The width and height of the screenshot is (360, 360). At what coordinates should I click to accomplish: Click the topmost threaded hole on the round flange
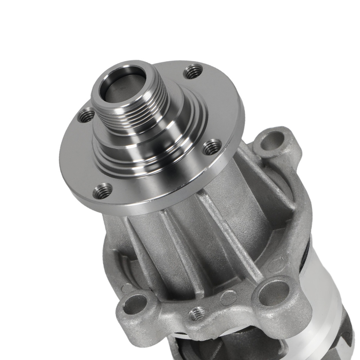click(193, 71)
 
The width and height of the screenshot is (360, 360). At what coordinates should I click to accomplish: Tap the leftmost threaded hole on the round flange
click(86, 115)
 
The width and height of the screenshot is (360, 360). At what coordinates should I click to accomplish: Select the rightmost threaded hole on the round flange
click(212, 147)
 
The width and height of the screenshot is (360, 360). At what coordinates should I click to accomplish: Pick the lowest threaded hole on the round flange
click(103, 191)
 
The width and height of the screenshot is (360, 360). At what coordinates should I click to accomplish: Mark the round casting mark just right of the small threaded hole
click(228, 297)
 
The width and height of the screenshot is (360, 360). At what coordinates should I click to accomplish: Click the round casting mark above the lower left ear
click(127, 287)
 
